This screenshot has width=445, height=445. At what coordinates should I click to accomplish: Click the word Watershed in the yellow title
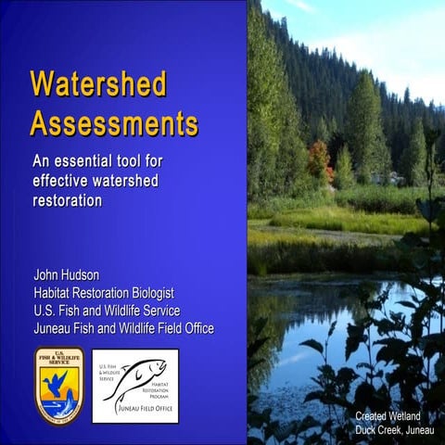tap(98, 85)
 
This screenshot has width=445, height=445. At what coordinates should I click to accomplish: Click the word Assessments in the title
tap(113, 122)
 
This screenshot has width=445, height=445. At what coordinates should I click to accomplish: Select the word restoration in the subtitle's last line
tap(67, 199)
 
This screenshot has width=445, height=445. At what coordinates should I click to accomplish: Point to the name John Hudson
tap(67, 275)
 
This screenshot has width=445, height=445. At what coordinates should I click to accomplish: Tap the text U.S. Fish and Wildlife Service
tap(107, 311)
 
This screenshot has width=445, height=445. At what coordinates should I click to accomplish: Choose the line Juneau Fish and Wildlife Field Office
tap(123, 328)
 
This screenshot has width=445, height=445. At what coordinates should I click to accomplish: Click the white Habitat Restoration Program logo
tap(135, 386)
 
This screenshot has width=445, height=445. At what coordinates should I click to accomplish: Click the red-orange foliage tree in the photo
tap(319, 159)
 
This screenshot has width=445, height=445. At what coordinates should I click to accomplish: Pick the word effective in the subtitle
tap(60, 179)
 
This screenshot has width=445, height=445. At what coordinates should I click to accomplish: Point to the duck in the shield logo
tap(57, 380)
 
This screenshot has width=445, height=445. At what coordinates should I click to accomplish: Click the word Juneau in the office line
tap(53, 328)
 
